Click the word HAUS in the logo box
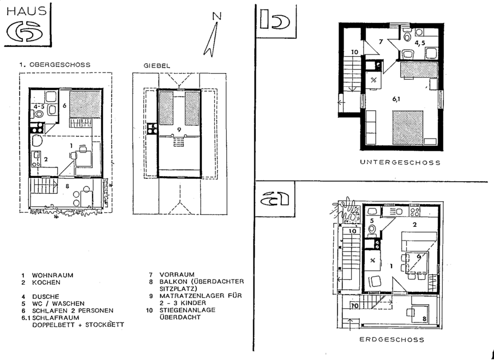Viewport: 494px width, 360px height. click(27, 11)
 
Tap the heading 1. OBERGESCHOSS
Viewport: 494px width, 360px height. click(55, 64)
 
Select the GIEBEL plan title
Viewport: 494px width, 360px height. click(157, 65)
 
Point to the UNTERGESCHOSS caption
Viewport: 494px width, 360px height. click(400, 163)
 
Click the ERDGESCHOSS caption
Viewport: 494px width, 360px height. click(391, 339)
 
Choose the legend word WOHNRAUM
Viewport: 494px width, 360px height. click(52, 275)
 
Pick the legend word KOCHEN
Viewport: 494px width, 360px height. click(46, 283)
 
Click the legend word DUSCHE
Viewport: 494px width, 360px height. click(46, 297)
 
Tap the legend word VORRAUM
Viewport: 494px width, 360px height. click(177, 274)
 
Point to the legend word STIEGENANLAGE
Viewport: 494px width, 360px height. click(188, 310)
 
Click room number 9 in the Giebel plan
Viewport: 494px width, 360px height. click(179, 130)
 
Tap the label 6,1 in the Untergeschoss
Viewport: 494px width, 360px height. click(396, 99)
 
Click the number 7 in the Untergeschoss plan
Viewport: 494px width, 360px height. click(381, 41)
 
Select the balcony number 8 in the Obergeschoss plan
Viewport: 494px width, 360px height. click(67, 187)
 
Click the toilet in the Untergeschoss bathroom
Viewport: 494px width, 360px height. click(407, 35)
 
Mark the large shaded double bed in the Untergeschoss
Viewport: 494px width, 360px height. click(408, 128)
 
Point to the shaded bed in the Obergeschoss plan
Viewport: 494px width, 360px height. click(85, 104)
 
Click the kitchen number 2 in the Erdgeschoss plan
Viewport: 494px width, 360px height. click(414, 224)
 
